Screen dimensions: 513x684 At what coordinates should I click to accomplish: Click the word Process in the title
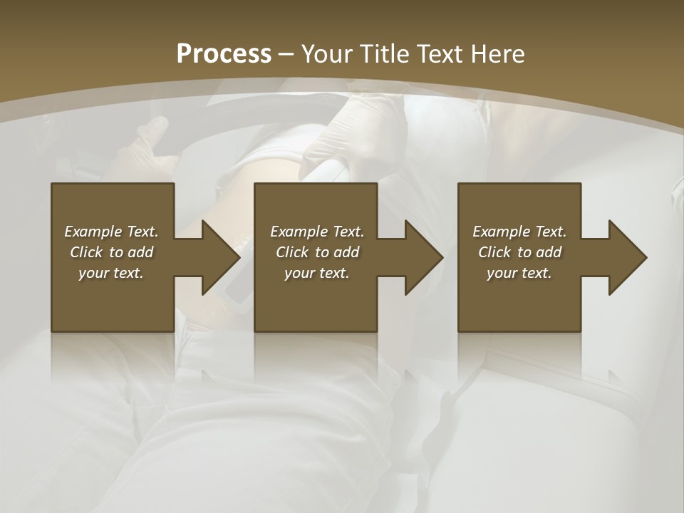[224, 54]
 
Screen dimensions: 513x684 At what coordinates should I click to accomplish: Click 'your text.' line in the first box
[111, 273]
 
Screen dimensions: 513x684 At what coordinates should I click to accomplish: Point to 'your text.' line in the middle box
[317, 273]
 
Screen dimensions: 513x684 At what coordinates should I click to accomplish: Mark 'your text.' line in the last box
[519, 273]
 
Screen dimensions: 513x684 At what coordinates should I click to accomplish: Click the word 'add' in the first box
[140, 252]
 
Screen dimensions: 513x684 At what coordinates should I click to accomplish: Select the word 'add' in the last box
[549, 252]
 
